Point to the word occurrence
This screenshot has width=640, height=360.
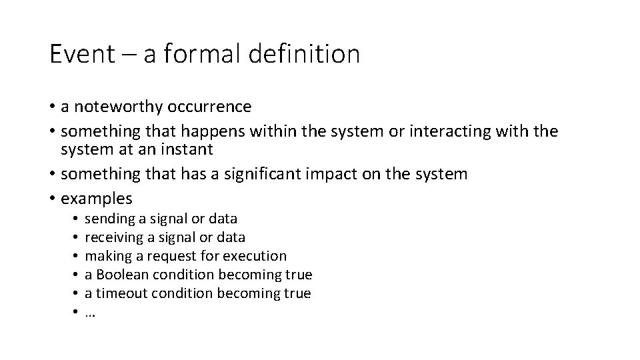(211, 107)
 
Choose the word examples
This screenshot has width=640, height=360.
(97, 199)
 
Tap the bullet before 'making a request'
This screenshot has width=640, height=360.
(77, 256)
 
